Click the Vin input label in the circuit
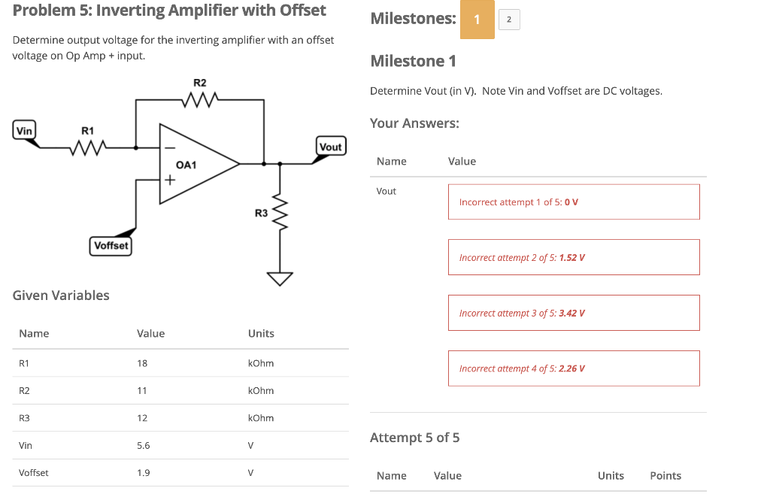[25, 131]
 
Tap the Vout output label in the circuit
[330, 147]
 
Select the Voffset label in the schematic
[111, 246]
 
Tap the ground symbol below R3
[280, 279]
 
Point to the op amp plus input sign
[170, 180]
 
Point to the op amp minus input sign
[170, 147]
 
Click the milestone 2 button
[509, 20]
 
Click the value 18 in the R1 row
[142, 363]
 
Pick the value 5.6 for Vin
[143, 445]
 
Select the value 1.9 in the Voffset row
[143, 473]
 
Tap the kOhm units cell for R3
[260, 418]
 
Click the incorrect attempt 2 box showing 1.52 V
[573, 257]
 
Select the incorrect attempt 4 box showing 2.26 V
[573, 368]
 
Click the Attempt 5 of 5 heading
[414, 438]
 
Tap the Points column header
[665, 476]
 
